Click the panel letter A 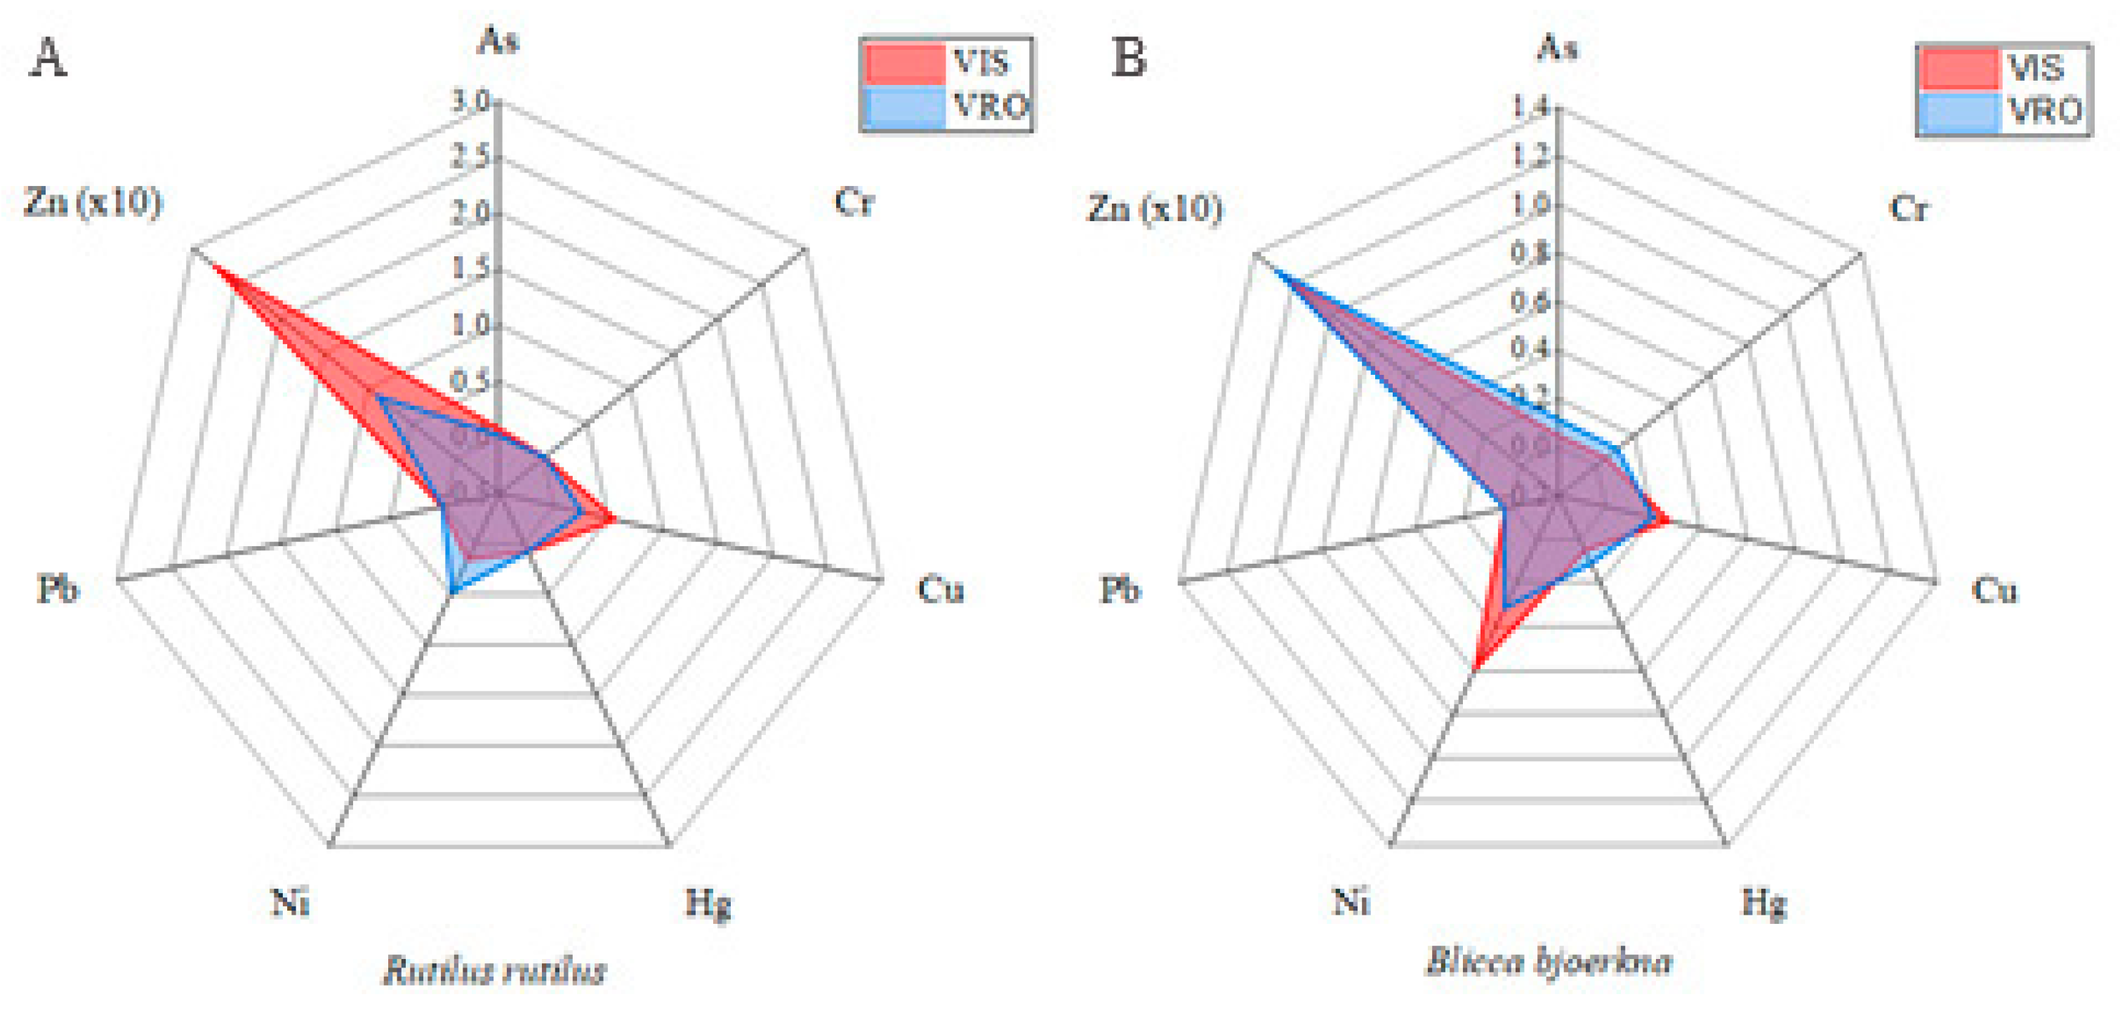point(48,59)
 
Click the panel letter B point(1128,59)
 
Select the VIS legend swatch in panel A point(903,62)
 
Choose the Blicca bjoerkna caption point(1548,961)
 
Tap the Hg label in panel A point(708,904)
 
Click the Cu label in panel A point(941,589)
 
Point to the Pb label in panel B point(1121,589)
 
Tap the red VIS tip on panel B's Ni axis point(1476,668)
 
